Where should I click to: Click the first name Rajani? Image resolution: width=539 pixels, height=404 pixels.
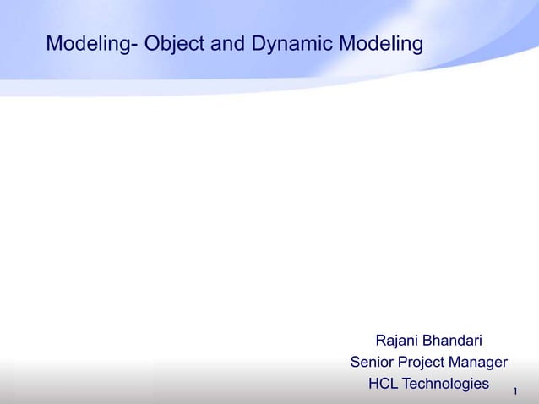(x=396, y=341)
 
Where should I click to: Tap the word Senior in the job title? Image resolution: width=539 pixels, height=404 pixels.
(x=373, y=363)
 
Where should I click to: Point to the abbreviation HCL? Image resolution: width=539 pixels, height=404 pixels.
(x=384, y=384)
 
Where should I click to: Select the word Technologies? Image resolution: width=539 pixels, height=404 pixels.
(x=446, y=384)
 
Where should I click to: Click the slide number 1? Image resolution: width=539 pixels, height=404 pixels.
(x=514, y=390)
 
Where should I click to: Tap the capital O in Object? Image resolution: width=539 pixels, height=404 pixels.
(x=152, y=43)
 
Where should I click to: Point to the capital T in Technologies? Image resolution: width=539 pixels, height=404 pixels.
(x=408, y=384)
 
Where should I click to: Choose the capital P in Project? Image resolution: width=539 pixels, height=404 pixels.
(x=408, y=363)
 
